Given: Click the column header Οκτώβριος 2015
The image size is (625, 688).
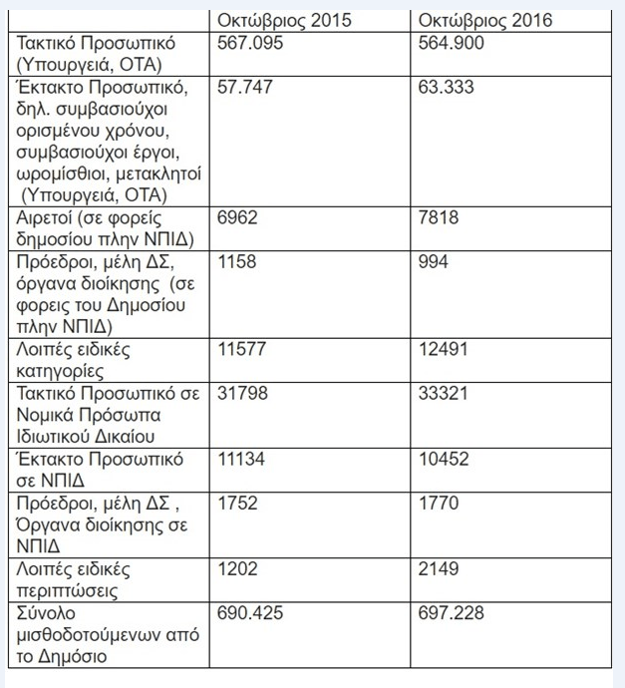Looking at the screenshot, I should pos(282,20).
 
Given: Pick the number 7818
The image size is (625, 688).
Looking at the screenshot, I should pos(440,217).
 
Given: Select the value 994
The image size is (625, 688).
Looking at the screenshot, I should pos(435,262).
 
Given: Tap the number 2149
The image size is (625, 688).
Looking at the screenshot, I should pos(440,569).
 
